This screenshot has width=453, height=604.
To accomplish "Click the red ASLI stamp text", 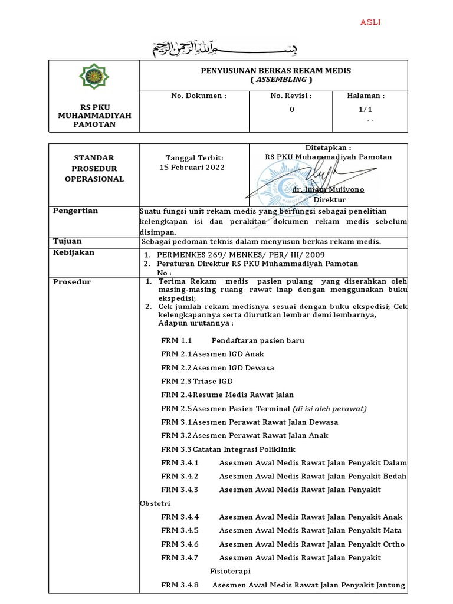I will pyautogui.click(x=370, y=22).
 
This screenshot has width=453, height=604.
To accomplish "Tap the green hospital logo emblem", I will pyautogui.click(x=94, y=77).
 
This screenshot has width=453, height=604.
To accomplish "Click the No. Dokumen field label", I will pyautogui.click(x=199, y=96).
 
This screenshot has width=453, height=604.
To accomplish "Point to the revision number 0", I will pyautogui.click(x=291, y=109).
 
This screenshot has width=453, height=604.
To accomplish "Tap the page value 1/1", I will pyautogui.click(x=366, y=109).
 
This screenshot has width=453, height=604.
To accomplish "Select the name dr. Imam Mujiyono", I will pyautogui.click(x=328, y=190).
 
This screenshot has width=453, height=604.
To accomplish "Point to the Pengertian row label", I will pyautogui.click(x=75, y=211).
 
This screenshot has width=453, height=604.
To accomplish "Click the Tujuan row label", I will pyautogui.click(x=68, y=241).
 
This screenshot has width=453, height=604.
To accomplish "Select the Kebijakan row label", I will pyautogui.click(x=74, y=252).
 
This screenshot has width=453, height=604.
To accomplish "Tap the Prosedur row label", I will pyautogui.click(x=72, y=282).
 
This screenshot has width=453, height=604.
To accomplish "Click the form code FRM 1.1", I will pyautogui.click(x=177, y=341).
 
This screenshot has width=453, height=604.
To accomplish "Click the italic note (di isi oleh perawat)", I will pyautogui.click(x=330, y=409).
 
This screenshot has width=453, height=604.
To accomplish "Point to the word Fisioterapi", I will pyautogui.click(x=230, y=572).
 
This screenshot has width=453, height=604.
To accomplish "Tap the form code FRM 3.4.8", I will pyautogui.click(x=180, y=585).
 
